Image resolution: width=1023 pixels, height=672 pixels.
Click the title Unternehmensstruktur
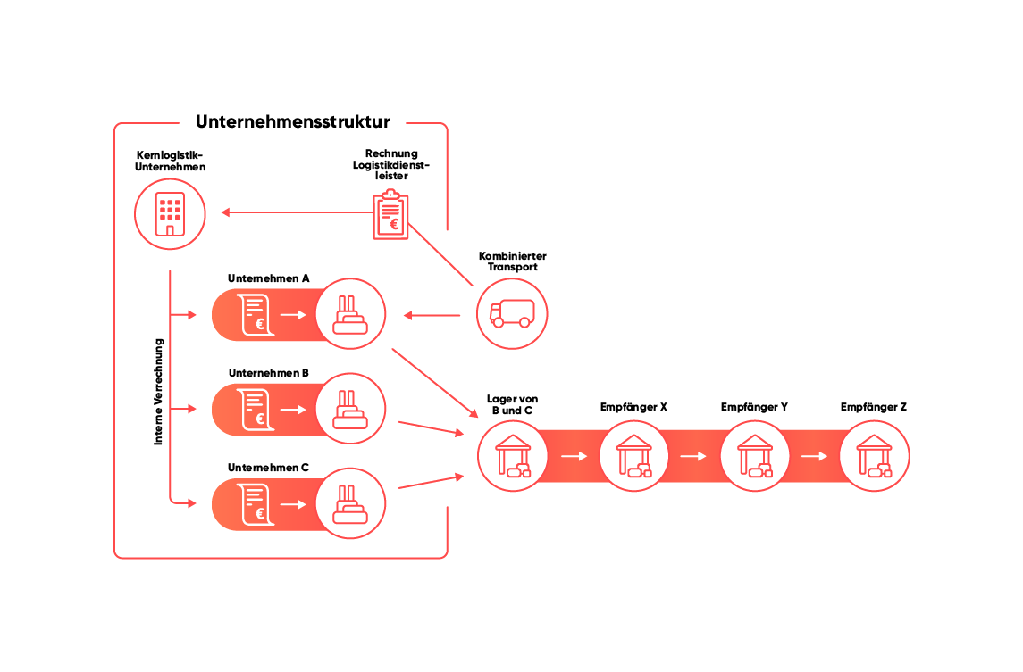click(x=292, y=122)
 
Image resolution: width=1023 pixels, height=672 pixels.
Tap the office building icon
click(x=170, y=214)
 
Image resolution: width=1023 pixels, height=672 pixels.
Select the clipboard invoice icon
click(x=390, y=215)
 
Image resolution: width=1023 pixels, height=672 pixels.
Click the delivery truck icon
click(x=511, y=313)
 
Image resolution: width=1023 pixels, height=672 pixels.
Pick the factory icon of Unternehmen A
click(x=350, y=314)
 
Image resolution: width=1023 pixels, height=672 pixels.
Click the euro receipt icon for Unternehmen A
click(x=254, y=315)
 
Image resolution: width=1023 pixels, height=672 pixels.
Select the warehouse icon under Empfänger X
click(x=633, y=456)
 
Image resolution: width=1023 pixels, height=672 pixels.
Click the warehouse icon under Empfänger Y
click(x=754, y=456)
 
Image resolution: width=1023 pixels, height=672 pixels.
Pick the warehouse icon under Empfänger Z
click(x=875, y=456)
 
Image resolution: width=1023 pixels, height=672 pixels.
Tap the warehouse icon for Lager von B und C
click(x=512, y=456)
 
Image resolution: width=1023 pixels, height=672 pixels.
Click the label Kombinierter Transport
click(x=512, y=261)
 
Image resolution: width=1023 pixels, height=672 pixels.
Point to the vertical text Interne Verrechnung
click(x=159, y=391)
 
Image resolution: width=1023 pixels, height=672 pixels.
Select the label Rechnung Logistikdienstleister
click(x=391, y=165)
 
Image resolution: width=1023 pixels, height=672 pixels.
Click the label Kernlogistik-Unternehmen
click(x=170, y=161)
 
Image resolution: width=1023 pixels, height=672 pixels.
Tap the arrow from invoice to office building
click(x=295, y=212)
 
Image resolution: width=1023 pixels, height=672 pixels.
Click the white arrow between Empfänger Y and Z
click(x=814, y=456)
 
